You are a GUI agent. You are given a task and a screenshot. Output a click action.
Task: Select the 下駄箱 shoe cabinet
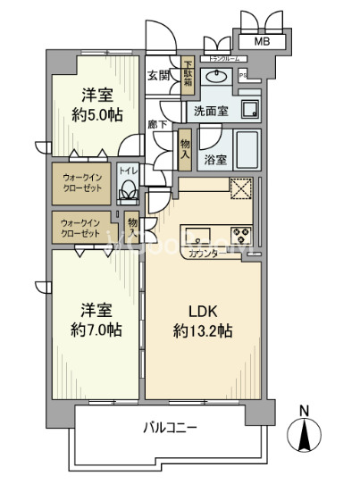click(x=188, y=76)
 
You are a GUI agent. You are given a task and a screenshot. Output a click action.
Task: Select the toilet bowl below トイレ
click(x=129, y=189)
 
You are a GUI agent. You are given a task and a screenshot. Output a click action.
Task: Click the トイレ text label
click(x=129, y=169)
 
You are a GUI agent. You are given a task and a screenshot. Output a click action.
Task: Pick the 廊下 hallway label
click(x=158, y=125)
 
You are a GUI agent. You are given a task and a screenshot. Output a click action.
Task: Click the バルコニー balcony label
click(x=170, y=427)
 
